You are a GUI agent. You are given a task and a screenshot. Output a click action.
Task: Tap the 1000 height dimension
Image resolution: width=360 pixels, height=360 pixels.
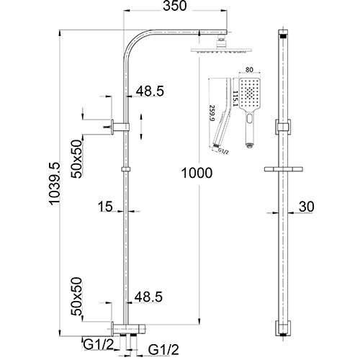point(197,172)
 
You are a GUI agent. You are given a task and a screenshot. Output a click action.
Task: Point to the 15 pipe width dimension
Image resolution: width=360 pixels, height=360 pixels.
point(105,207)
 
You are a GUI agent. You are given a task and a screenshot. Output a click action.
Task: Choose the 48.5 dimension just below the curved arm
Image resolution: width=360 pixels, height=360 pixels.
point(149,91)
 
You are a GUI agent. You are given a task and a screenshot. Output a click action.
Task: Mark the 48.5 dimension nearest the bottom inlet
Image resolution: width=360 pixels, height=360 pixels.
point(149,295)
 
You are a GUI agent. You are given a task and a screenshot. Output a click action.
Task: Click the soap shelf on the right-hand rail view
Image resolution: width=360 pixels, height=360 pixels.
point(283,169)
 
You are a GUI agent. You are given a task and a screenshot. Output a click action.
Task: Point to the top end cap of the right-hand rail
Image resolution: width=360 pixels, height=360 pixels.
point(283,33)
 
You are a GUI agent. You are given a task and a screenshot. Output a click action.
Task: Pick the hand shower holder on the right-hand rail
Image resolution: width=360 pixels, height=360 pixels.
point(283,128)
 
